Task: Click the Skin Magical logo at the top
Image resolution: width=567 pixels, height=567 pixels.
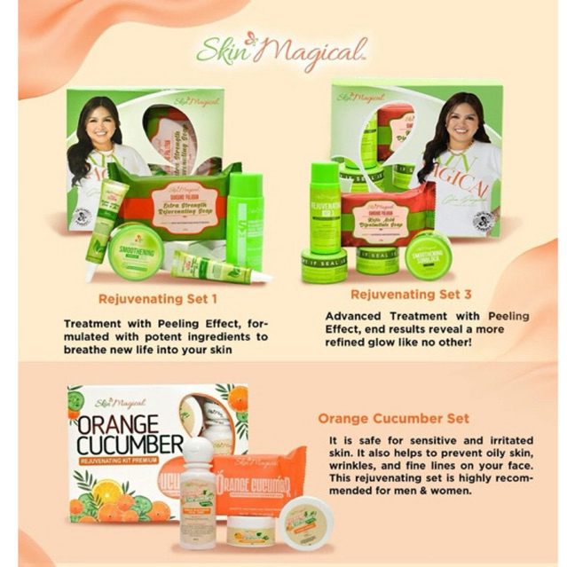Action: (x=282, y=51)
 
